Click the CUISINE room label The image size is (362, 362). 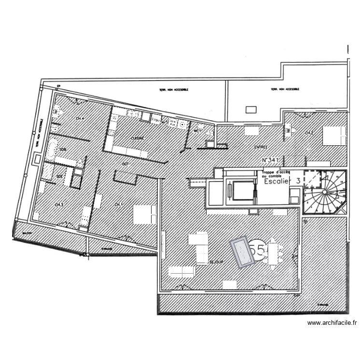point(138,138)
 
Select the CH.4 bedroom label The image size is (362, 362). point(80,118)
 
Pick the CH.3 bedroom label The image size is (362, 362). point(59,205)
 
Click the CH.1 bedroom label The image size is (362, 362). point(118,205)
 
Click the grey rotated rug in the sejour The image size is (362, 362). point(243,251)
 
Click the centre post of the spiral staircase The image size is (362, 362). point(326,193)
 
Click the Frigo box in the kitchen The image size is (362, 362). point(155,120)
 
